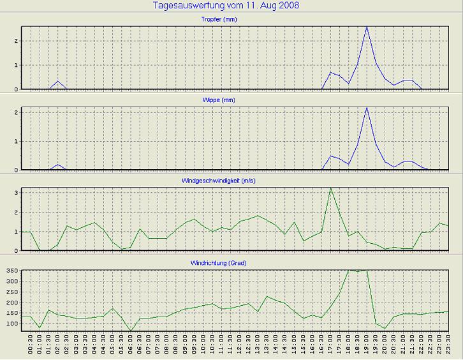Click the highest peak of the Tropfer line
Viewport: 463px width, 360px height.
pos(367,27)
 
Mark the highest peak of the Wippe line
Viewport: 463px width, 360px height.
pos(367,108)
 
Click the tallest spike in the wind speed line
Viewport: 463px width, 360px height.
pos(330,188)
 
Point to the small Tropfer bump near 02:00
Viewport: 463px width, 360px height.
pos(58,81)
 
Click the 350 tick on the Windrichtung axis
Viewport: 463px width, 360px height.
pos(11,271)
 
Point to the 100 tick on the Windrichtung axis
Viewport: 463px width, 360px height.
pos(11,324)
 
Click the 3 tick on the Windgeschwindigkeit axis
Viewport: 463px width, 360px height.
pos(16,192)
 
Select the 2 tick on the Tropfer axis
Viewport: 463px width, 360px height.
pos(16,41)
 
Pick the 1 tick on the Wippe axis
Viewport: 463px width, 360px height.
pos(16,142)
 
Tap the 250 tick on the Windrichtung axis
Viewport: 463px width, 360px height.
pos(11,292)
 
